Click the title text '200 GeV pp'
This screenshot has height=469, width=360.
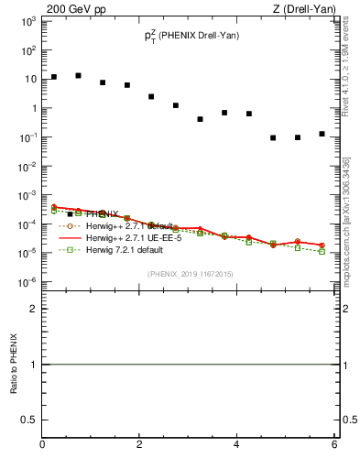[71, 9]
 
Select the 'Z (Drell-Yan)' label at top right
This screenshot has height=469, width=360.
[307, 9]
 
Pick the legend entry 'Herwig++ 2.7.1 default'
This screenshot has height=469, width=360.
[125, 225]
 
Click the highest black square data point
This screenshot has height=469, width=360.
[79, 75]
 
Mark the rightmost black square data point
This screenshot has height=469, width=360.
[322, 134]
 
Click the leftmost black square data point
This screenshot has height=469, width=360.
[54, 77]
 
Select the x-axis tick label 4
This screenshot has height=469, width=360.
[236, 444]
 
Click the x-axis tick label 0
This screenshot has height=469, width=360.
[42, 444]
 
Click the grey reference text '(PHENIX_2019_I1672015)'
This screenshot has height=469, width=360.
[190, 273]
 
